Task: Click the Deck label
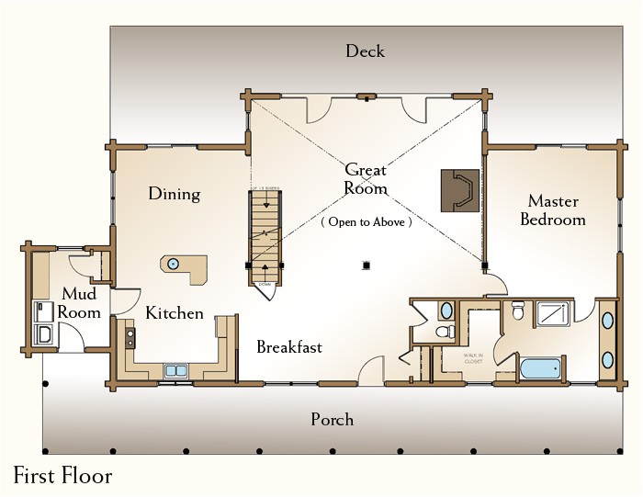365,51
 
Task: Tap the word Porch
332,420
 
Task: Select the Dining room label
174,194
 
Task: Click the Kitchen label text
175,313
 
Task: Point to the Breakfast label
289,347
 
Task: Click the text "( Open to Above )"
366,222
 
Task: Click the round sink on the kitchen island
173,265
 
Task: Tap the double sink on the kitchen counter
175,371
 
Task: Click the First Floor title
62,476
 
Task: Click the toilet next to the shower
518,310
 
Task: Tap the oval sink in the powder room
445,311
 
